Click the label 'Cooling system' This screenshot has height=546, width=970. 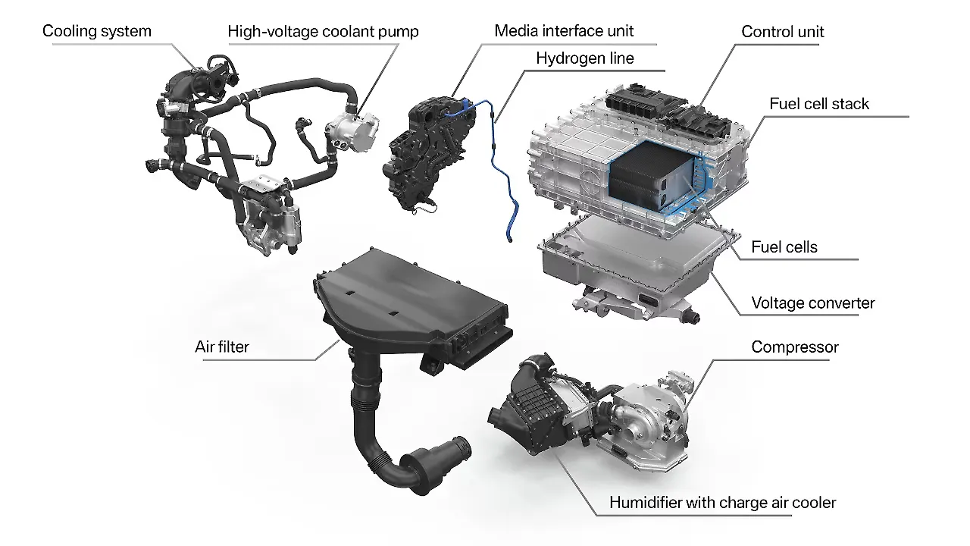(96, 31)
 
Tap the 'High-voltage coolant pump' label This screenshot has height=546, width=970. (323, 31)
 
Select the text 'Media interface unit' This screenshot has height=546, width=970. (564, 31)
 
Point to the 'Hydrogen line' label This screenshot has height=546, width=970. (585, 58)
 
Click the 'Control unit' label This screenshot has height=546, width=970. (782, 31)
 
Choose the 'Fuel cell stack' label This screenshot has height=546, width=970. (819, 103)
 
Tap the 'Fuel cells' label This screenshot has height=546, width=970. (784, 246)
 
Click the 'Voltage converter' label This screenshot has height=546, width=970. (812, 303)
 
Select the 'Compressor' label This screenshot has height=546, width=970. (795, 347)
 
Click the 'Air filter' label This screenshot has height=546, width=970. (222, 347)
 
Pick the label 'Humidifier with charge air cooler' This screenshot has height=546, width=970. (723, 502)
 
